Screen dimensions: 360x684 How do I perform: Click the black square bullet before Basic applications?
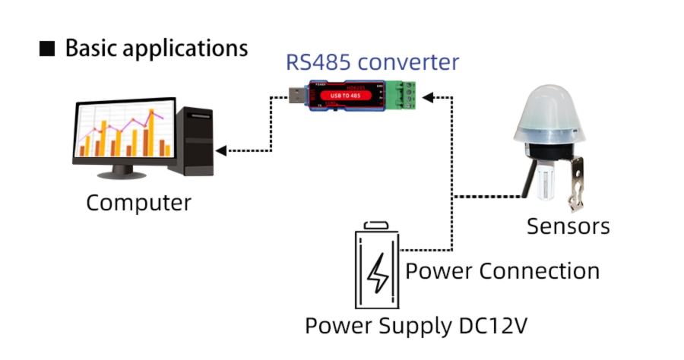[x=47, y=49]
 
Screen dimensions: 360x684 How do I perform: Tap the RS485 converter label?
[x=372, y=62]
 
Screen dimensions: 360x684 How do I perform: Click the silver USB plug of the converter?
[x=295, y=96]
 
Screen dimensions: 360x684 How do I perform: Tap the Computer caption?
[x=138, y=204]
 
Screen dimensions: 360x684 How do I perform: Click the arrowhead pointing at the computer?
[x=220, y=150]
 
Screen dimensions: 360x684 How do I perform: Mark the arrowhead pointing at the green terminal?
[x=428, y=96]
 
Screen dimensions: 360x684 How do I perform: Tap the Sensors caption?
[x=568, y=226]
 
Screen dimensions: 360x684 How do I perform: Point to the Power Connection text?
[x=502, y=270]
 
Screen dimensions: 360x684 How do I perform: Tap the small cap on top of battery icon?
[x=378, y=224]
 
